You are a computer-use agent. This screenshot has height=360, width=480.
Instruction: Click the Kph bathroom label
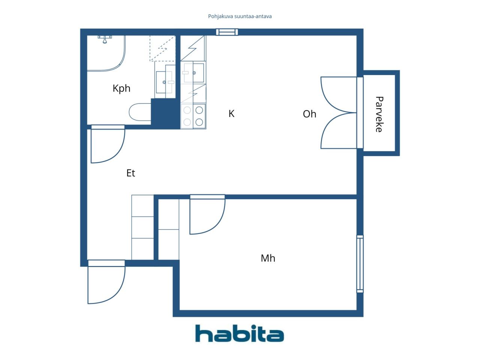pyautogui.click(x=121, y=88)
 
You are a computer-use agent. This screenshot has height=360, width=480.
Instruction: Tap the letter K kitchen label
pyautogui.click(x=231, y=114)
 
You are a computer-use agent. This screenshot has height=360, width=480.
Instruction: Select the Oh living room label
pyautogui.click(x=309, y=114)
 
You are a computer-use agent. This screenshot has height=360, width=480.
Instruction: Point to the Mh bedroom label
pyautogui.click(x=268, y=258)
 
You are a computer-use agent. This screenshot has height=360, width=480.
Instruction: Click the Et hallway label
pyautogui.click(x=131, y=173)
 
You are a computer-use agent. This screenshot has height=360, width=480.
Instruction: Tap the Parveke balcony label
pyautogui.click(x=379, y=114)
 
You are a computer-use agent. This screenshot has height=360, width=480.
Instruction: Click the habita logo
pyautogui.click(x=240, y=333)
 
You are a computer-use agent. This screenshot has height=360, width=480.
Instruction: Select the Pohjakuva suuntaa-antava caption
pyautogui.click(x=240, y=16)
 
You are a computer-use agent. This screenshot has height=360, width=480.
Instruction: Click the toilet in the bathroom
pyautogui.click(x=140, y=112)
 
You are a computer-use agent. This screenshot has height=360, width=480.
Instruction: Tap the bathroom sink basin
pyautogui.click(x=164, y=82)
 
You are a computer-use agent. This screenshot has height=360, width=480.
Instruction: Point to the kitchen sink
pyautogui.click(x=194, y=73)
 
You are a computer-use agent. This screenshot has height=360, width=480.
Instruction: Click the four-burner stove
pyautogui.click(x=193, y=116)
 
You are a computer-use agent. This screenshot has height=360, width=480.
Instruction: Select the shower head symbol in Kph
pyautogui.click(x=105, y=39)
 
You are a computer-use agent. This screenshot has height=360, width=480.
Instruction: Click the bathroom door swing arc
pyautogui.click(x=119, y=152)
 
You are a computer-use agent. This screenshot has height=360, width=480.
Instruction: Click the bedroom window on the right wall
pyautogui.click(x=360, y=264)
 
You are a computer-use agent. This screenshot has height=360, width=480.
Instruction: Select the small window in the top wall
pyautogui.click(x=227, y=32)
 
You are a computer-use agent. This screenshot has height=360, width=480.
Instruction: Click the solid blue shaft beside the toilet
pyautogui.click(x=165, y=114)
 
